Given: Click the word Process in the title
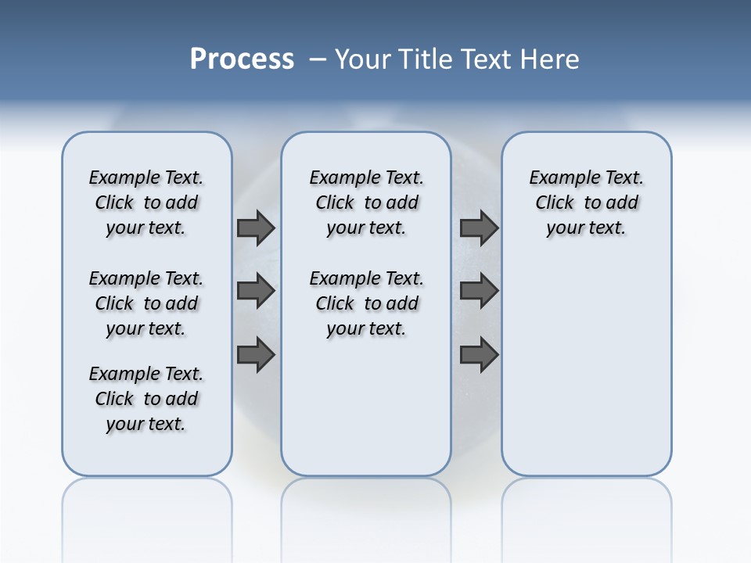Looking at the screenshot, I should (242, 59).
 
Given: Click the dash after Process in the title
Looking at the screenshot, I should (318, 60).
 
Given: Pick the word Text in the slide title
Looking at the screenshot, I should (486, 59).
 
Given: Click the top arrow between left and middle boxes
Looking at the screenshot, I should (256, 228).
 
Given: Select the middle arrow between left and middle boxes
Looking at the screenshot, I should (256, 291).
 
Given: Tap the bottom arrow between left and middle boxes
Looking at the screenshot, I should (256, 355).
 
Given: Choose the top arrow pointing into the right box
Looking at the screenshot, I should (479, 228).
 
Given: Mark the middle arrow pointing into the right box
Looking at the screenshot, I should (479, 291).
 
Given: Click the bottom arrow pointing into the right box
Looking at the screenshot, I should (479, 355).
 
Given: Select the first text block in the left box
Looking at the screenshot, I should (146, 203).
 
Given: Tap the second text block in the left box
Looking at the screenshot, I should (146, 303).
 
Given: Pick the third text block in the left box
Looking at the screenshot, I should (146, 399).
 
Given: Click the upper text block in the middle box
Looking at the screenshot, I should (366, 203).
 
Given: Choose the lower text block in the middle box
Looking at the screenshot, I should (366, 303).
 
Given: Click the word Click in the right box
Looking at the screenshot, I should (555, 203).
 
